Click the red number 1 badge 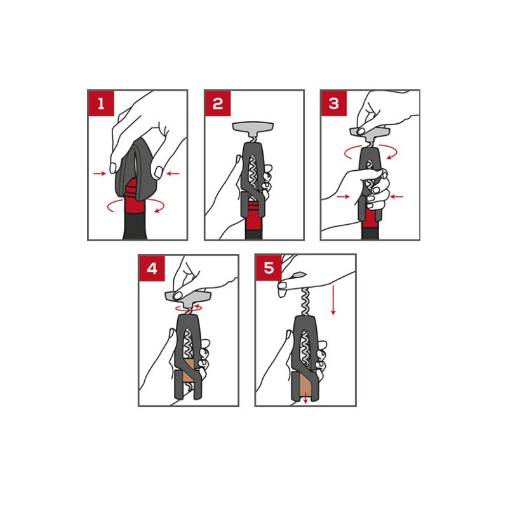(x=101, y=104)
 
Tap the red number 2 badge (x=218, y=104)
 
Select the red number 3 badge (x=334, y=104)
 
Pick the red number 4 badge (x=152, y=268)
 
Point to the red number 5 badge (x=269, y=268)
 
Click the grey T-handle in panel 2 (x=253, y=129)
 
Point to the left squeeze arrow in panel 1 (x=100, y=173)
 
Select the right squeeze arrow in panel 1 (x=173, y=173)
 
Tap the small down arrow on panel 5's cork (x=305, y=398)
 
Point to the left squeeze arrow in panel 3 (x=344, y=196)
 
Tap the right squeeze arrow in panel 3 (x=397, y=196)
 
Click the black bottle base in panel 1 (x=135, y=227)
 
